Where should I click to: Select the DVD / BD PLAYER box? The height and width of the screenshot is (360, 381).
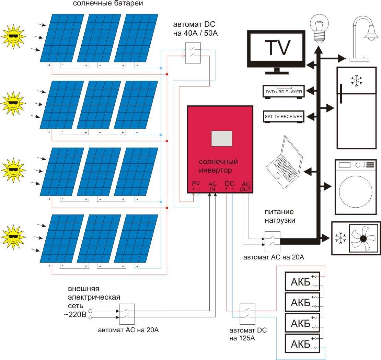[284, 92]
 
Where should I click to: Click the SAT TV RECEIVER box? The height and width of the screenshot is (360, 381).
[284, 117]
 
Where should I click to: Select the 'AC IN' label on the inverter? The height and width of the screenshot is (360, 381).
[212, 186]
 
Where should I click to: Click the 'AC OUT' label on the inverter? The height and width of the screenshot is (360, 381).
[246, 186]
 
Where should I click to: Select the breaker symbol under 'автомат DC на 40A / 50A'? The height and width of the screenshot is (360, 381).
[193, 53]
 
